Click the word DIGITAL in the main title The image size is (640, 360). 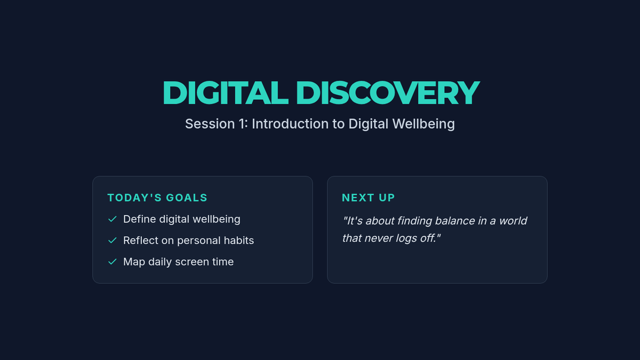226,93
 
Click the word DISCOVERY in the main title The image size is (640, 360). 388,93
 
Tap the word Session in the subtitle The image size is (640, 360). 210,124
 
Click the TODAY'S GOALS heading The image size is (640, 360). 157,198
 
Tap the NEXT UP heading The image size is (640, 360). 369,198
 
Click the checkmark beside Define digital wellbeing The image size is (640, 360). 113,219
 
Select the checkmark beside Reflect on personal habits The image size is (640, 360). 113,241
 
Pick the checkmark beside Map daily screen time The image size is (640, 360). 113,262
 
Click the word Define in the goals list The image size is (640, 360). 139,219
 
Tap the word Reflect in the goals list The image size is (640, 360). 141,241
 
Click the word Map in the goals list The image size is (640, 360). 134,262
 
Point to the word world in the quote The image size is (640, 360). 513,221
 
